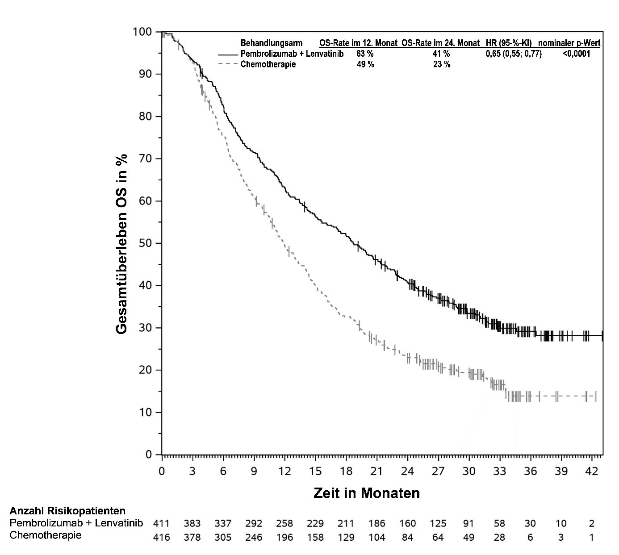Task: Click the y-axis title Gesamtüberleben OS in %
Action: point(121,244)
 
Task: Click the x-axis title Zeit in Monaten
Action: point(367,493)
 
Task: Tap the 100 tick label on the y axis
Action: point(142,32)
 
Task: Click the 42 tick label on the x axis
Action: point(591,472)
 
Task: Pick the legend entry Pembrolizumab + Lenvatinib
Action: point(292,54)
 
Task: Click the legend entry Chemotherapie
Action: point(268,64)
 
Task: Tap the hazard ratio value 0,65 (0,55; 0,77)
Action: point(514,54)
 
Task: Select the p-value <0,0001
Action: point(577,54)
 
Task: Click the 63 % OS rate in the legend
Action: point(365,54)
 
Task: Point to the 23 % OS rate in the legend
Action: point(441,64)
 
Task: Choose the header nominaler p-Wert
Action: point(569,43)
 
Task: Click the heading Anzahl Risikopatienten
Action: point(67,511)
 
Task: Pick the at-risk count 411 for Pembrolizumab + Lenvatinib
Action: point(162,523)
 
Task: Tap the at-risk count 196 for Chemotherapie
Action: point(284,537)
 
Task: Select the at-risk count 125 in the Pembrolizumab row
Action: point(438,523)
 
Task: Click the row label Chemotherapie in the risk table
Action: point(46,535)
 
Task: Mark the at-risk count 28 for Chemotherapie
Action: point(499,537)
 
